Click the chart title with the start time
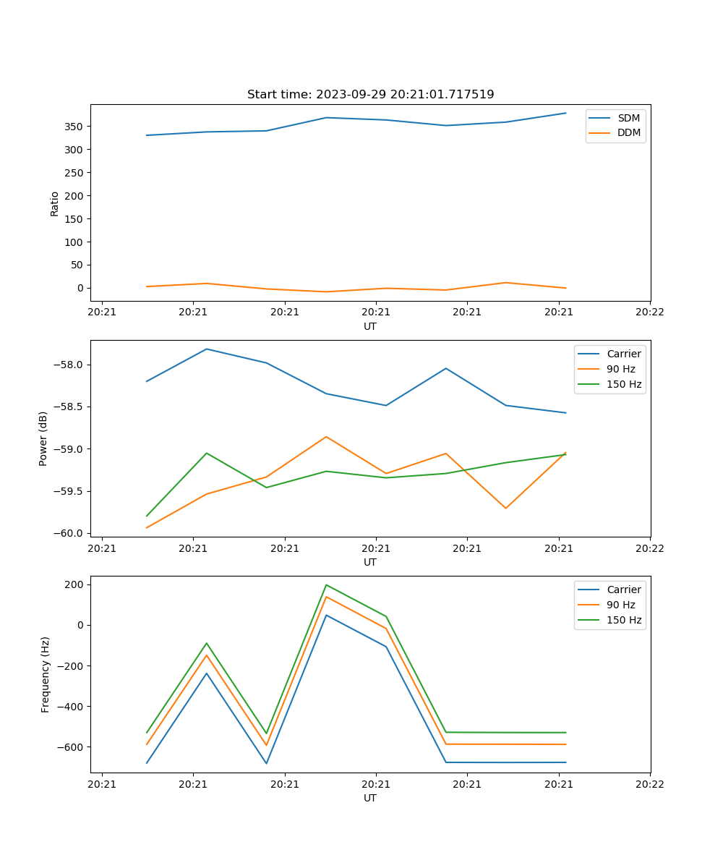pos(370,95)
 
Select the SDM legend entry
pos(628,118)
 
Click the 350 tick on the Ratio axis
pos(75,127)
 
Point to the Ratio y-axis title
pos(55,203)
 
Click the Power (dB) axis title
pos(43,438)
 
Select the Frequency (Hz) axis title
pos(46,674)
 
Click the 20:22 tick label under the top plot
pos(649,312)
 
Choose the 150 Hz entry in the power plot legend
pos(624,384)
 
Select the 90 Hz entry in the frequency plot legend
pos(621,605)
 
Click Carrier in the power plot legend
pos(624,354)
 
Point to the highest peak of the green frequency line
pos(326,584)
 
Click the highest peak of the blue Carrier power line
pos(207,349)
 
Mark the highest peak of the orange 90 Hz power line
pos(326,436)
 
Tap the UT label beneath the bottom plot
pos(370,798)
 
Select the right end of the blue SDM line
pos(566,113)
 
